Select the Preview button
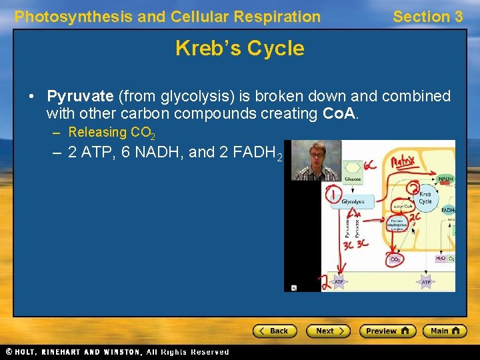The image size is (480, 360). click(x=387, y=331)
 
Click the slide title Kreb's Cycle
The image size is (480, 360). click(x=239, y=48)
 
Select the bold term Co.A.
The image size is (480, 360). click(x=340, y=114)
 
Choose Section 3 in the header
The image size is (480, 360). click(x=427, y=17)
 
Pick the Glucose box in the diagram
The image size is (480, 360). click(x=352, y=178)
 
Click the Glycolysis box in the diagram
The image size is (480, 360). click(x=353, y=201)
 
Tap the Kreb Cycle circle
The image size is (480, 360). click(x=425, y=197)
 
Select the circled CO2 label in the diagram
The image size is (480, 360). click(x=395, y=259)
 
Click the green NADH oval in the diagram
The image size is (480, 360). click(x=446, y=179)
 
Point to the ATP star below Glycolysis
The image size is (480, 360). click(x=339, y=282)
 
